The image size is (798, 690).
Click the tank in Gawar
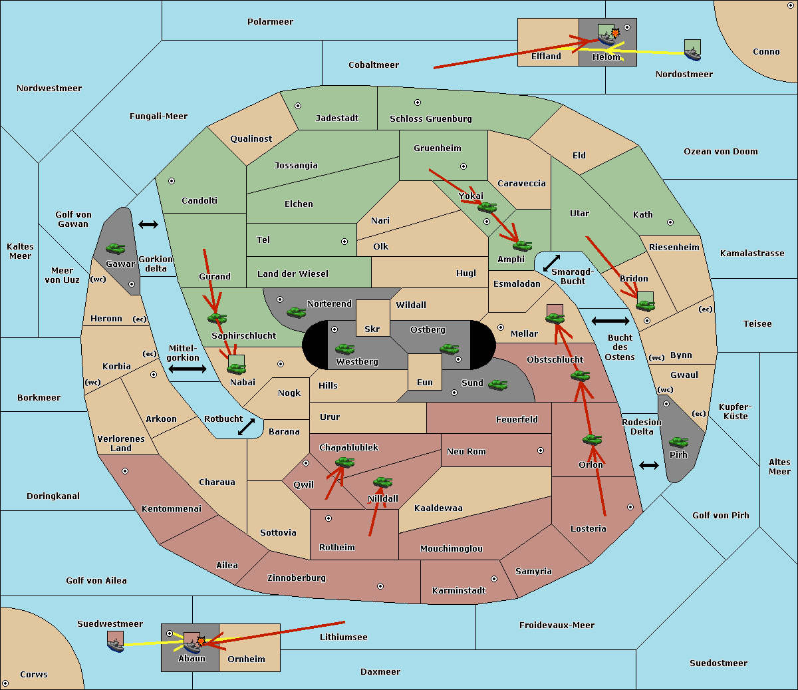pyautogui.click(x=116, y=249)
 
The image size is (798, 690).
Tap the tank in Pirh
pyautogui.click(x=678, y=442)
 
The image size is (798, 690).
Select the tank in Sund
pyautogui.click(x=497, y=385)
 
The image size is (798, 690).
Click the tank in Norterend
pyautogui.click(x=296, y=312)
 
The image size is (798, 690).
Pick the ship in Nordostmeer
pyautogui.click(x=693, y=50)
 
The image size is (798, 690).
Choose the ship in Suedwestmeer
pyautogui.click(x=116, y=641)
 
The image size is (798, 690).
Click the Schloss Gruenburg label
pyautogui.click(x=431, y=118)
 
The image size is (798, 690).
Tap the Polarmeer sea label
pyautogui.click(x=270, y=22)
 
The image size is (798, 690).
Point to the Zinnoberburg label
pyautogui.click(x=297, y=578)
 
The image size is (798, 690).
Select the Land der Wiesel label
pyautogui.click(x=293, y=274)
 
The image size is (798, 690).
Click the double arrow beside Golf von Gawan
pyautogui.click(x=148, y=224)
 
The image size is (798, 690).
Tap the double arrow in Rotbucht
pyautogui.click(x=246, y=427)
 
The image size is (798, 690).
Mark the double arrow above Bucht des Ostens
pyautogui.click(x=610, y=321)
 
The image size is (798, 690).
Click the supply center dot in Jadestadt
pyautogui.click(x=298, y=106)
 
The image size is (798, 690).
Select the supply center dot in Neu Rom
pyautogui.click(x=541, y=450)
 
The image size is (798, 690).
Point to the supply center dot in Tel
pyautogui.click(x=344, y=242)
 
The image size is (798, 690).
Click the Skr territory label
pyautogui.click(x=372, y=329)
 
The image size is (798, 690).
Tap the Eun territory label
pyautogui.click(x=425, y=382)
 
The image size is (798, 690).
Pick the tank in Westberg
pyautogui.click(x=344, y=349)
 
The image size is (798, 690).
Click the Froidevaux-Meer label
pyautogui.click(x=557, y=625)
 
